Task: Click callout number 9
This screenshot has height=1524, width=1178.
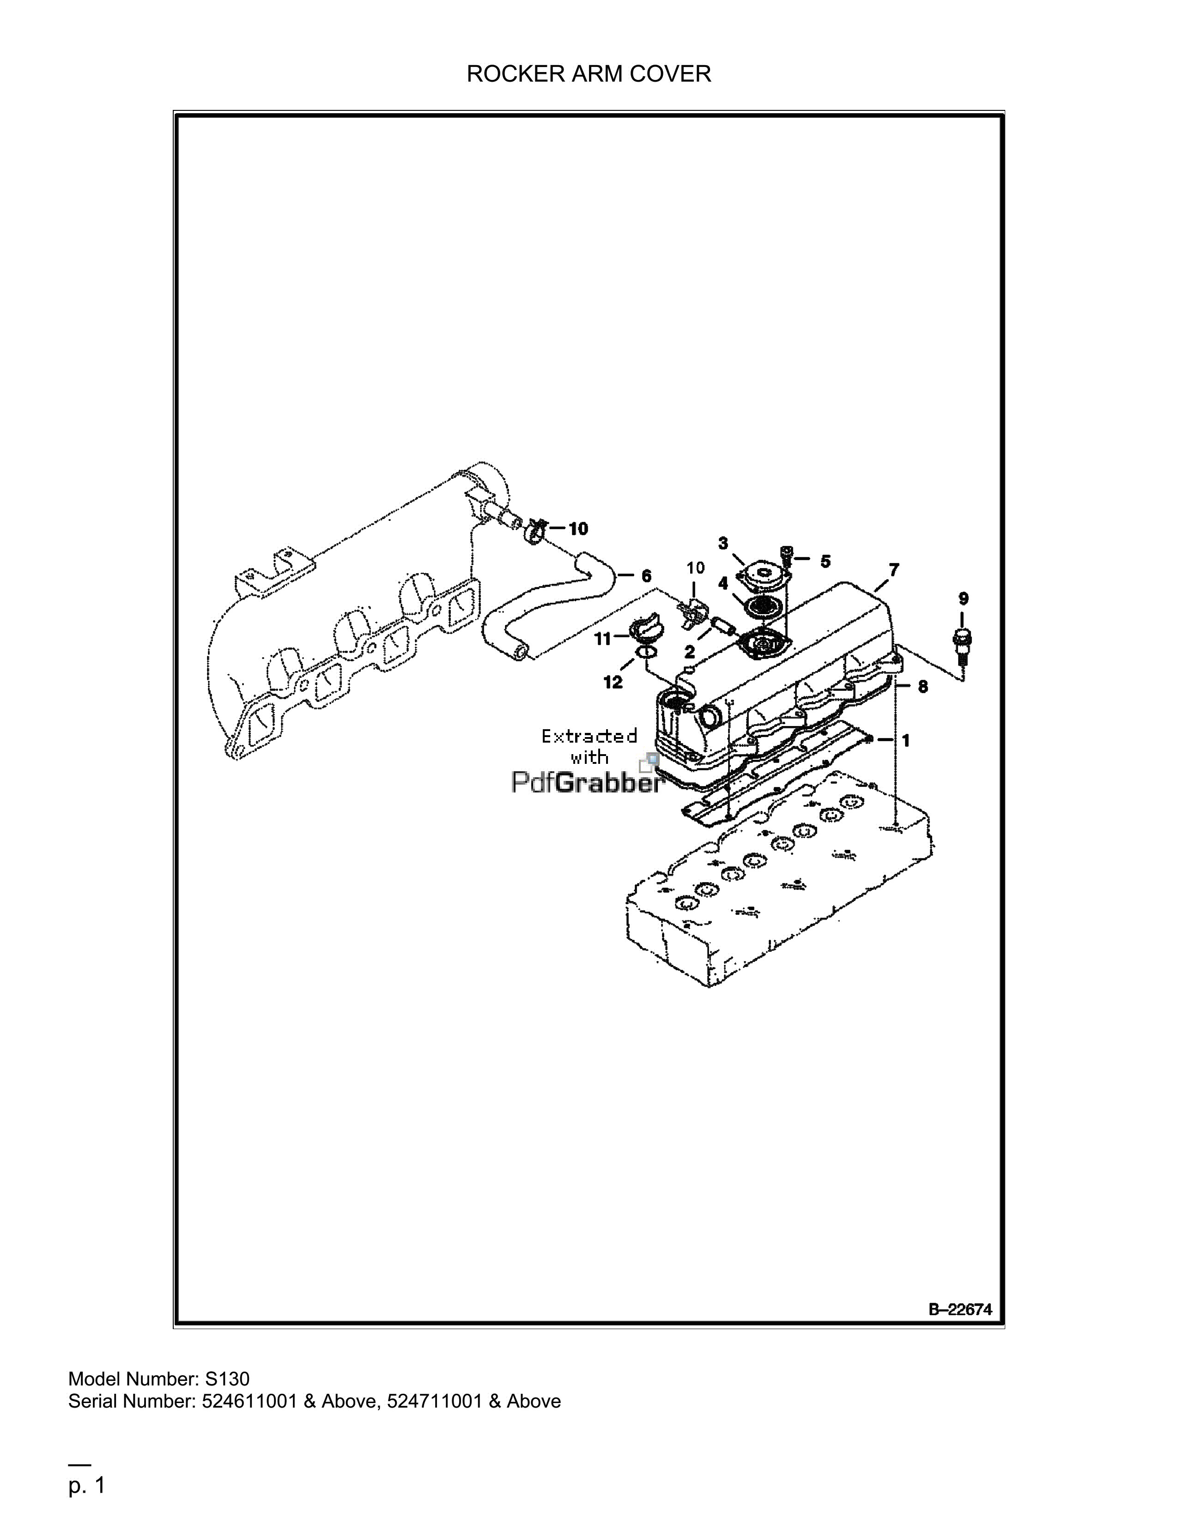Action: pyautogui.click(x=963, y=598)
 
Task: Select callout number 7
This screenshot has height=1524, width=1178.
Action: pyautogui.click(x=894, y=570)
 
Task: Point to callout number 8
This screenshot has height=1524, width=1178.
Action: pyautogui.click(x=923, y=687)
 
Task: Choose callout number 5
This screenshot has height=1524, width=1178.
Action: pyautogui.click(x=826, y=561)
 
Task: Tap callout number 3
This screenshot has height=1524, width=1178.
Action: pyautogui.click(x=723, y=543)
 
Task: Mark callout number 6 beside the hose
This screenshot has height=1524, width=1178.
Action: pyautogui.click(x=646, y=576)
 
